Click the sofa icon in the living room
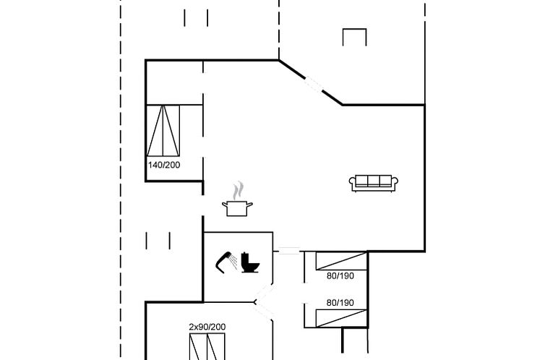[x=374, y=183]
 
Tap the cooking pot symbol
[x=237, y=208]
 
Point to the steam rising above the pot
[x=238, y=190]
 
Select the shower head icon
[x=226, y=262]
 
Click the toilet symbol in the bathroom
[x=250, y=262]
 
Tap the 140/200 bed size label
[x=164, y=165]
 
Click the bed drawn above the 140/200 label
[x=163, y=131]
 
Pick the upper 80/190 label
[x=340, y=276]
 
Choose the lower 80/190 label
[x=340, y=303]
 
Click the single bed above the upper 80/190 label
[x=341, y=261]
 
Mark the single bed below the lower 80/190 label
[x=341, y=318]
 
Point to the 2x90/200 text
[x=207, y=327]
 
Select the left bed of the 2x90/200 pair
[x=198, y=347]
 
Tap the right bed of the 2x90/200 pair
[x=216, y=347]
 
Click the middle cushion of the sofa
[x=374, y=181]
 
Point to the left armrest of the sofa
[x=353, y=182]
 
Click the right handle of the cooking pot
[x=249, y=205]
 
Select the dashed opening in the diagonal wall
[x=314, y=85]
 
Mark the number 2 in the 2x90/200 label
[x=191, y=327]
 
